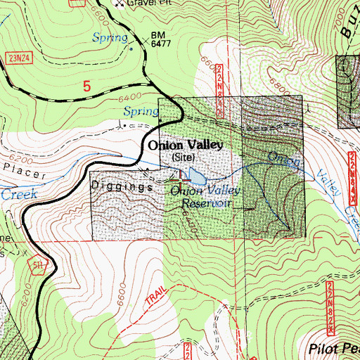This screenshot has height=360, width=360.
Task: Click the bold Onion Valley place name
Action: point(185,145)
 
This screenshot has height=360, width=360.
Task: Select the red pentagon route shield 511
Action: point(40,268)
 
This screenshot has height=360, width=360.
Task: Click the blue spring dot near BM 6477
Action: point(131,49)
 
